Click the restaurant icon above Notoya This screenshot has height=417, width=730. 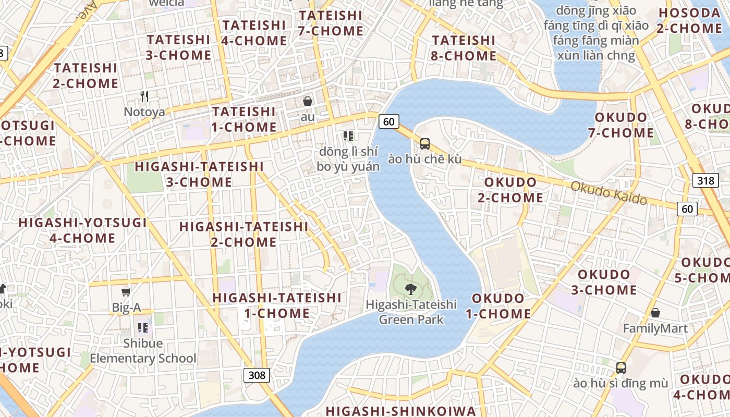click(144, 96)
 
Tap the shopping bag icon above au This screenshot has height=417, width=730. click(308, 101)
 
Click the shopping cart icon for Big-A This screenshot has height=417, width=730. click(126, 292)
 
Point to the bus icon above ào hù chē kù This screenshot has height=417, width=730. click(425, 143)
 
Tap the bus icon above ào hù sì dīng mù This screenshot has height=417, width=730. click(620, 367)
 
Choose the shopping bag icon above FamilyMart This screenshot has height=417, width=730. click(655, 313)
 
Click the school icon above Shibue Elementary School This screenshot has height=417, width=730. click(143, 328)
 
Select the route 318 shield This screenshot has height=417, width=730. click(705, 180)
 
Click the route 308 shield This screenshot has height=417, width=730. click(257, 375)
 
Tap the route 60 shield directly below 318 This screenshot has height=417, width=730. click(687, 209)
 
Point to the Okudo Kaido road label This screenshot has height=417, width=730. click(609, 193)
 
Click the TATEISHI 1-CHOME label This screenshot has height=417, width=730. click(244, 119)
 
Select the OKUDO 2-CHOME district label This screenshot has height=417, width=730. click(514, 190)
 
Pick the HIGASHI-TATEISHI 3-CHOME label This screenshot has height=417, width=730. click(199, 174)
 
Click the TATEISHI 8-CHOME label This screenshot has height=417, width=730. click(464, 48)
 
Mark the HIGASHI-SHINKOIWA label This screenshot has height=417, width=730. click(401, 411)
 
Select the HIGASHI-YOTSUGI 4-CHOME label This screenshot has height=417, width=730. click(82, 230)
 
